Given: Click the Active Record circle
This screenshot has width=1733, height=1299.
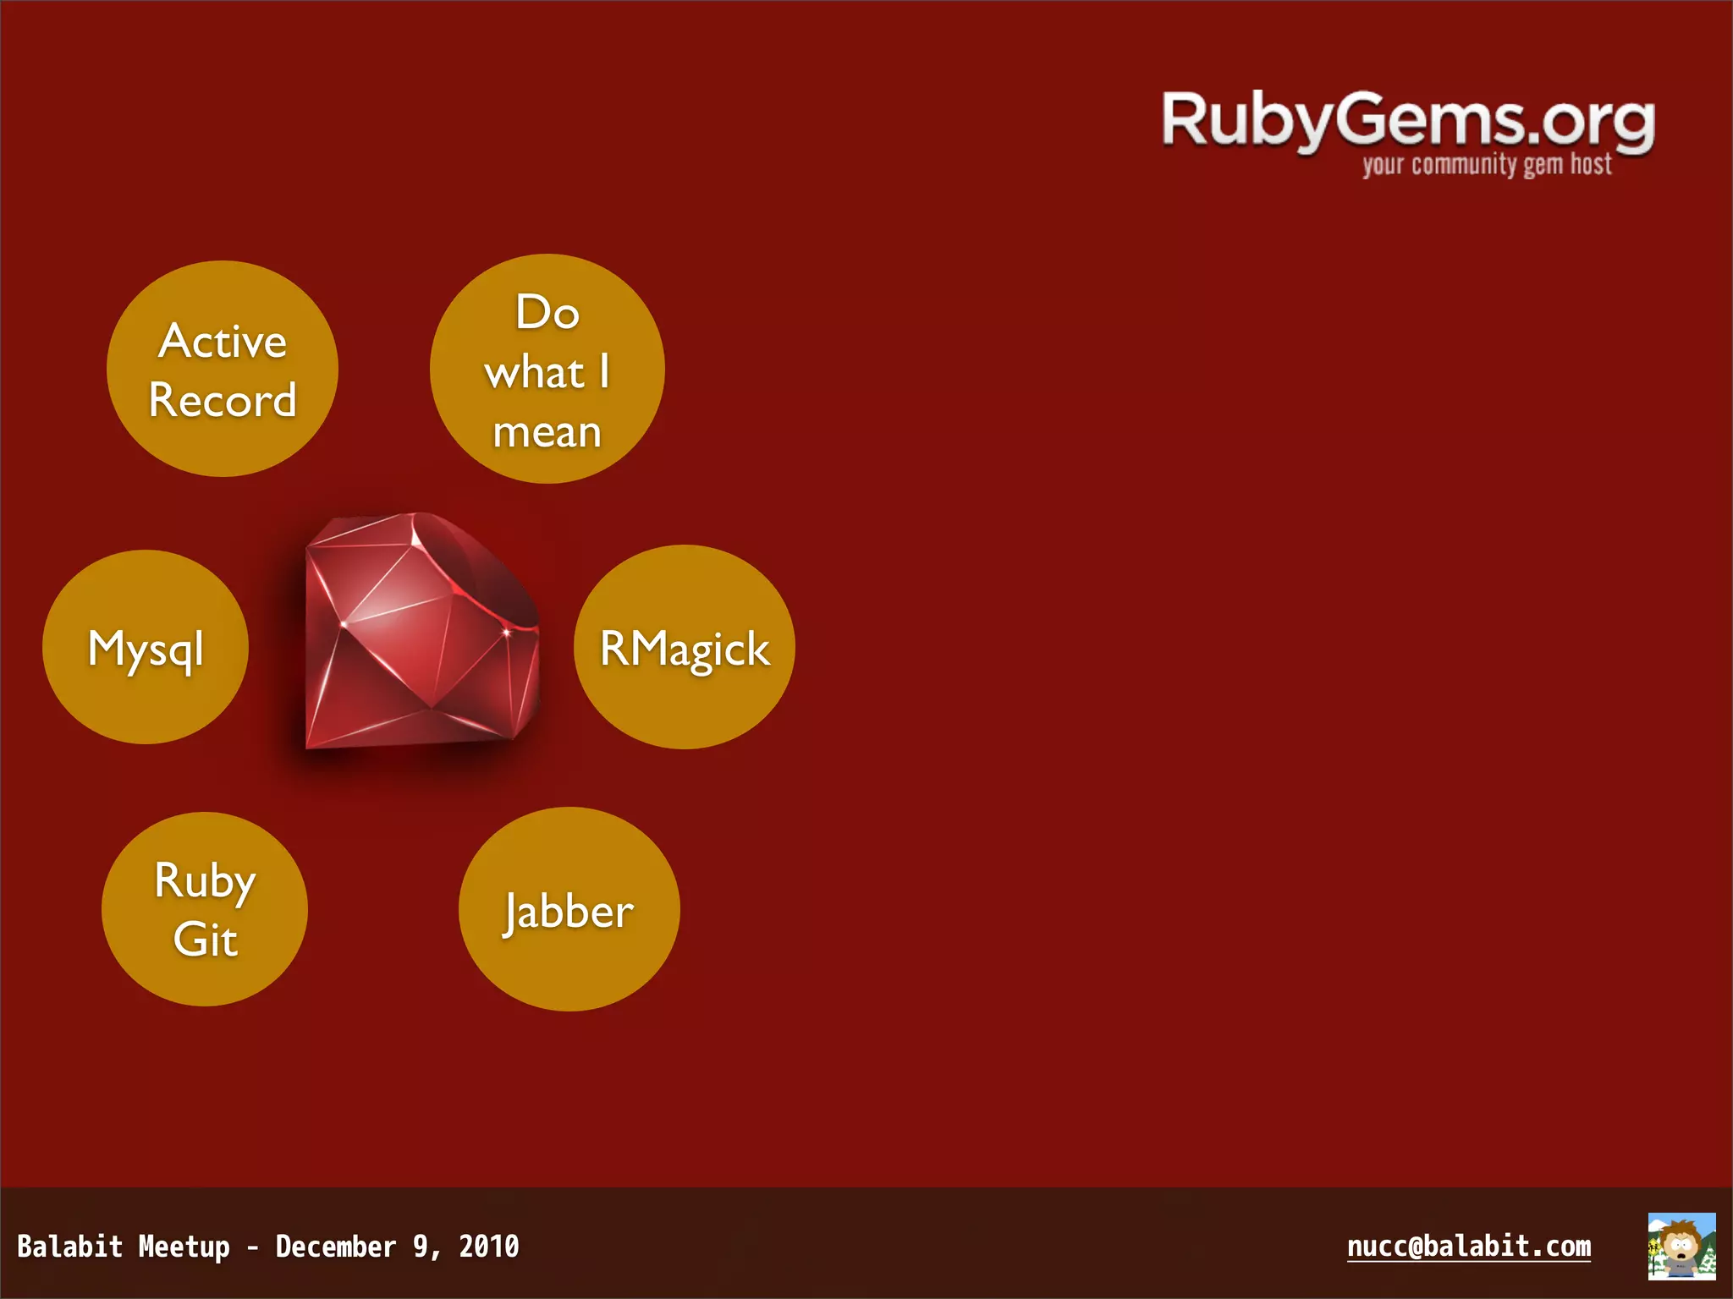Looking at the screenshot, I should pyautogui.click(x=223, y=369).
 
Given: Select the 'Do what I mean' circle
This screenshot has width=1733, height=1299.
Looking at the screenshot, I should pyautogui.click(x=547, y=369).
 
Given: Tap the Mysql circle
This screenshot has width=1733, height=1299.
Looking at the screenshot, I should pyautogui.click(x=146, y=647).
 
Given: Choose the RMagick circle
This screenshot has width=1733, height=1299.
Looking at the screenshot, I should pyautogui.click(x=684, y=647).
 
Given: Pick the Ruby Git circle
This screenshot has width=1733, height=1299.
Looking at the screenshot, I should pyautogui.click(x=205, y=909).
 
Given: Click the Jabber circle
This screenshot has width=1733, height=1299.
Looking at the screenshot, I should pyautogui.click(x=569, y=909).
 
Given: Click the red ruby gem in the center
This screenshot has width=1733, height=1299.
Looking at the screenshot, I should pyautogui.click(x=421, y=630).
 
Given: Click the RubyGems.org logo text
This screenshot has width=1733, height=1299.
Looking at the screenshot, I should pyautogui.click(x=1407, y=121).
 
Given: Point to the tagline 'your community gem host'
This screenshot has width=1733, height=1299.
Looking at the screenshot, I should pyautogui.click(x=1487, y=164).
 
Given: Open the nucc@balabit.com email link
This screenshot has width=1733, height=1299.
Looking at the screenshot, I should pyautogui.click(x=1468, y=1246).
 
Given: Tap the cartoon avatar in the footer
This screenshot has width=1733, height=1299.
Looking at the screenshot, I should pyautogui.click(x=1681, y=1246).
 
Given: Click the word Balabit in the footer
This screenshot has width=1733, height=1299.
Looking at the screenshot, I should pyautogui.click(x=70, y=1247).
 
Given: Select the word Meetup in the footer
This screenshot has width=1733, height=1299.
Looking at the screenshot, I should pyautogui.click(x=184, y=1247).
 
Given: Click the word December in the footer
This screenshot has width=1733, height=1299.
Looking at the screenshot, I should pyautogui.click(x=336, y=1247).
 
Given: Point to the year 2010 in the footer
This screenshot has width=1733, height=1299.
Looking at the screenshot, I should pyautogui.click(x=488, y=1247).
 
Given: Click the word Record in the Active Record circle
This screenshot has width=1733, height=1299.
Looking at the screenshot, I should pyautogui.click(x=223, y=400).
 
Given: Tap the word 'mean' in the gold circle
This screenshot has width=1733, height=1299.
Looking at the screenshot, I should pyautogui.click(x=547, y=432).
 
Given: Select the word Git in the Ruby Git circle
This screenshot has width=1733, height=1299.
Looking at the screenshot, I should pyautogui.click(x=205, y=940).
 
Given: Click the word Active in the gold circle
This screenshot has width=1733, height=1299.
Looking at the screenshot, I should pyautogui.click(x=223, y=342).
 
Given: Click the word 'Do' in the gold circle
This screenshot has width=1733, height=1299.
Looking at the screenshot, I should pyautogui.click(x=547, y=312).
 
